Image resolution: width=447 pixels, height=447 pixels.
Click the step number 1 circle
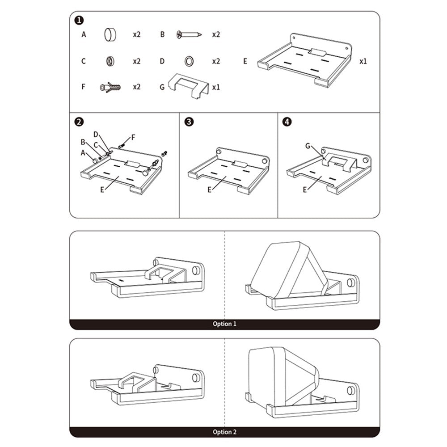79,21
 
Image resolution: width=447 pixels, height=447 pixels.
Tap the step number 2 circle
79,122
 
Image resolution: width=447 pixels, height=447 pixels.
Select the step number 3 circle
189,122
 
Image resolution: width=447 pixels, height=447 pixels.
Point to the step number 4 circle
287,122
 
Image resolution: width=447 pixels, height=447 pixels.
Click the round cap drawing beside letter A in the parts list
110,34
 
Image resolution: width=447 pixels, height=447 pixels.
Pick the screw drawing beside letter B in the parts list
189,34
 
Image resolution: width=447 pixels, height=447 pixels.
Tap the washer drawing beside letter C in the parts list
110,61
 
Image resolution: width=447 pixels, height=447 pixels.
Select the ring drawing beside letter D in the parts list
189,61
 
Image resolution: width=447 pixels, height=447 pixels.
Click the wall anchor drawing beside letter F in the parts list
110,87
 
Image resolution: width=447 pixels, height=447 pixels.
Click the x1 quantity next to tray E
363,61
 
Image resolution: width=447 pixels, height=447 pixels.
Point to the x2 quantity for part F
136,87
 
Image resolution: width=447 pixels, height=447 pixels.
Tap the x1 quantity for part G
216,87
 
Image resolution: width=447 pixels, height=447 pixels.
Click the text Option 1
225,324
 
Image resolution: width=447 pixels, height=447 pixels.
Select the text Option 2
225,432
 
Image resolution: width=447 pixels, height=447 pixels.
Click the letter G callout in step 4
308,146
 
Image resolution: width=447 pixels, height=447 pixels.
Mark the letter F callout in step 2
133,137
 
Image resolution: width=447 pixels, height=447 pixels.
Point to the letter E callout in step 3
210,190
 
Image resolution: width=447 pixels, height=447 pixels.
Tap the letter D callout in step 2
96,134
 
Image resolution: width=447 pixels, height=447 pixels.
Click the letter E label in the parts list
245,61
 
